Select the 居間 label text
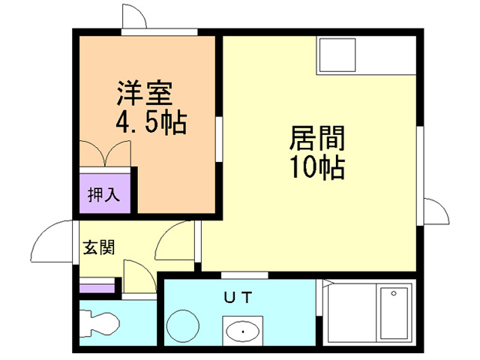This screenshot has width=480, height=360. click(x=316, y=139)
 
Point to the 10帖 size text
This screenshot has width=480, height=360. click(x=316, y=166)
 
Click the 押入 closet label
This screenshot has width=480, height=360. click(x=104, y=196)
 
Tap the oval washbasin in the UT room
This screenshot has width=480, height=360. click(x=242, y=330)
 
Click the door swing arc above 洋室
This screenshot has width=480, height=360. click(x=134, y=16)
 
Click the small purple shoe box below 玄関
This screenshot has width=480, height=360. click(x=97, y=286)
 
